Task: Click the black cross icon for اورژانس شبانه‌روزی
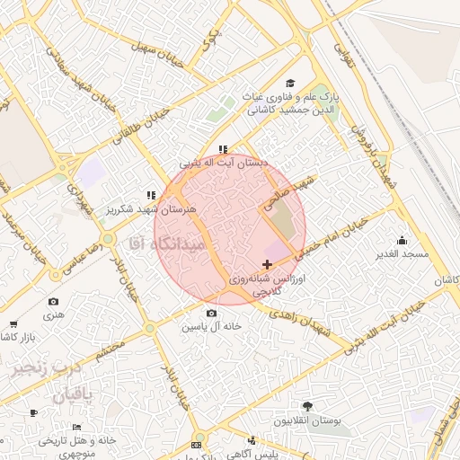coord(267,264)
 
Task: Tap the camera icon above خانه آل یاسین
coord(211,313)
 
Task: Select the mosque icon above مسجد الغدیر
coord(401,240)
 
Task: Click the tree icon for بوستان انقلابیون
coord(308,406)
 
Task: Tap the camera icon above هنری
coord(53,302)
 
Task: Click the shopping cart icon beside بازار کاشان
coord(13,323)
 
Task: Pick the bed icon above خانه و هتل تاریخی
coord(76,427)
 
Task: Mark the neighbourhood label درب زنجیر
coord(46,369)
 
